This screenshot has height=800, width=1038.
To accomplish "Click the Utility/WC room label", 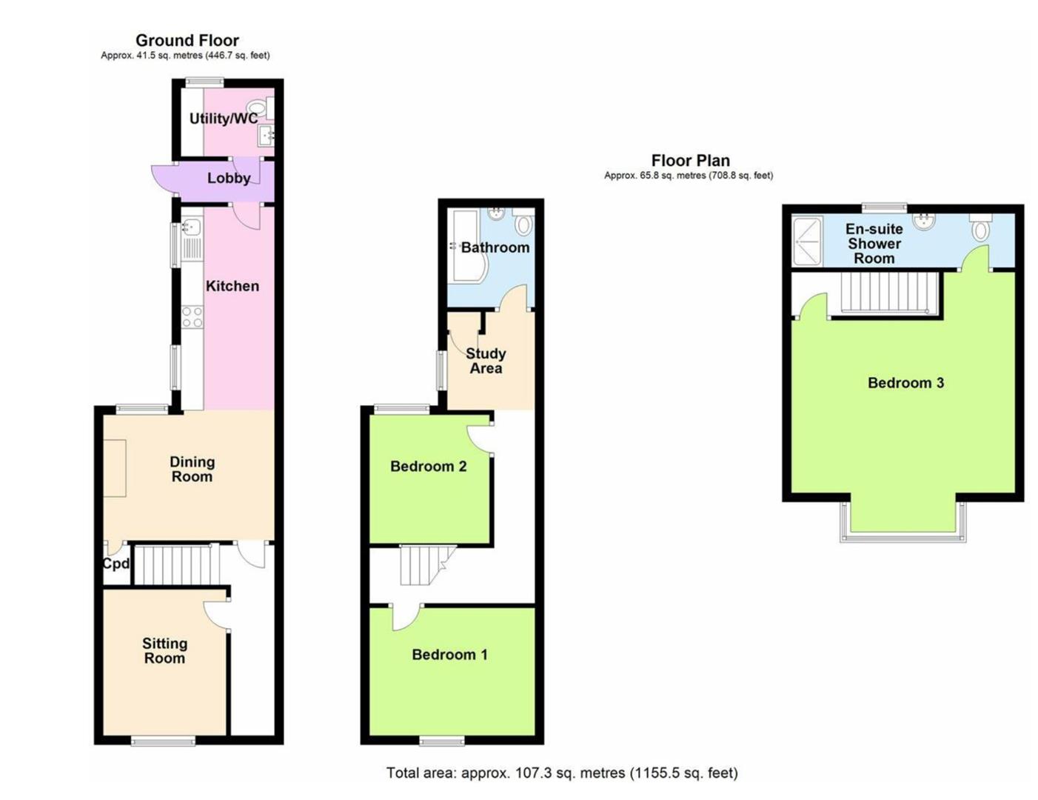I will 224,119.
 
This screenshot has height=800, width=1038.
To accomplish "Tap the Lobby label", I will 228,178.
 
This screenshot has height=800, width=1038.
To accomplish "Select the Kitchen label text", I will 232,286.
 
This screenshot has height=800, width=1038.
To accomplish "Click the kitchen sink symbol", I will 191,227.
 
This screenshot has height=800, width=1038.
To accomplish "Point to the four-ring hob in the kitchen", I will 192,317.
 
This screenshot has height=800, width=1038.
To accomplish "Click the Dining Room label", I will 192,469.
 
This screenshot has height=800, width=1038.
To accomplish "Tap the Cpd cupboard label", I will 115,564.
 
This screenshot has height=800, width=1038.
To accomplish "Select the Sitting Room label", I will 164,651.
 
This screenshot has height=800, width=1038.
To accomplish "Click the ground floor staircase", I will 176,565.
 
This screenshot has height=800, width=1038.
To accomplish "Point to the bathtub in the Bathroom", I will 465,246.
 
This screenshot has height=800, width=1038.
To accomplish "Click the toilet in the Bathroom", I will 523,223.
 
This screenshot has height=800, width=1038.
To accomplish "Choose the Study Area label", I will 486,361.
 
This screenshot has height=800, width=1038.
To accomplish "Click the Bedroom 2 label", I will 428,466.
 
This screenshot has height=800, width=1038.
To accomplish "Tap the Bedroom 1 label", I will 449,654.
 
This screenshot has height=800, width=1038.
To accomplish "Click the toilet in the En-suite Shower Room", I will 981,229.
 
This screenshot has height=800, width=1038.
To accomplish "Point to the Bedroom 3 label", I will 905,383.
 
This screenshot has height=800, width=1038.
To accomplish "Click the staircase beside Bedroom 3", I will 885,293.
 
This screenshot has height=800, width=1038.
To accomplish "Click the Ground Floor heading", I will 187,41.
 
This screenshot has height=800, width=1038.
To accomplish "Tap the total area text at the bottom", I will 562,773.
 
